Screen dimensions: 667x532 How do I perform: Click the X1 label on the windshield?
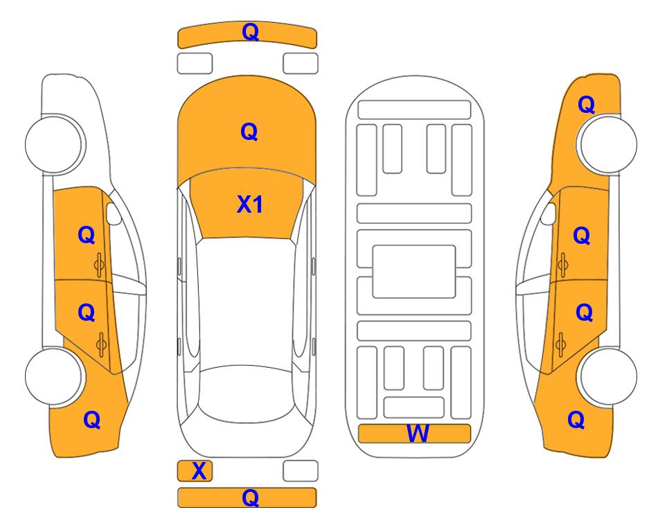pos(250,204)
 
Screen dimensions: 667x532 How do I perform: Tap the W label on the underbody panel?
pos(418,434)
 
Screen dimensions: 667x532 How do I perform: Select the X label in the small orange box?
pos(199,471)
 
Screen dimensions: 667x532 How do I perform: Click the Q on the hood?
pos(249,131)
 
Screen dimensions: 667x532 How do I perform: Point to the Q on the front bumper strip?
pos(251,32)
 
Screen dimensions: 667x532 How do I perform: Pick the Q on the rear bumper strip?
pos(251,497)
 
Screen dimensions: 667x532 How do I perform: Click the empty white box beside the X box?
pos(301,471)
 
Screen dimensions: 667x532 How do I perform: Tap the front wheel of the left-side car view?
pos(54,144)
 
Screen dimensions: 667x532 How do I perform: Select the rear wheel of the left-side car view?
pos(54,376)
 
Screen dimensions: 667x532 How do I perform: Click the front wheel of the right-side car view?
pos(607,144)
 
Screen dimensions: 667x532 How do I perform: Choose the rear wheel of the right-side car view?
pos(607,376)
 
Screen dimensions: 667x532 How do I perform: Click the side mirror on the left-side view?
pos(113,213)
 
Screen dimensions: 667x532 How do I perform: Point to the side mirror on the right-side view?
pos(549,213)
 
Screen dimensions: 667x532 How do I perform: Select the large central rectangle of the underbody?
pos(414,272)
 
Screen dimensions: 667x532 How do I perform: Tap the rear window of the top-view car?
pos(247,393)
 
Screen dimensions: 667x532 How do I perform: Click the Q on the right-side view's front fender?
pos(586,105)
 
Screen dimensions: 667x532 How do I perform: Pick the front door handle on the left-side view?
pos(99,265)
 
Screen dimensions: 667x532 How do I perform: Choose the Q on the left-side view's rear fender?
pos(92,420)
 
